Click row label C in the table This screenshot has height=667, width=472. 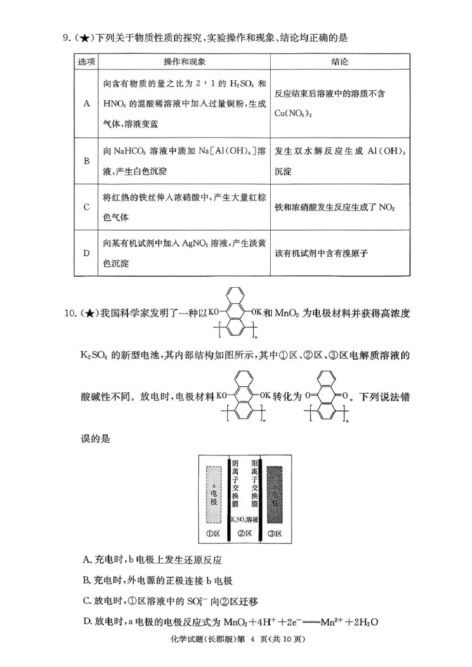click(x=86, y=207)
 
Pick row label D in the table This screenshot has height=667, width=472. click(x=86, y=253)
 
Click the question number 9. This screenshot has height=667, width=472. click(x=67, y=38)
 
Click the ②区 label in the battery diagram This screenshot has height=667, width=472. click(x=245, y=534)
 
